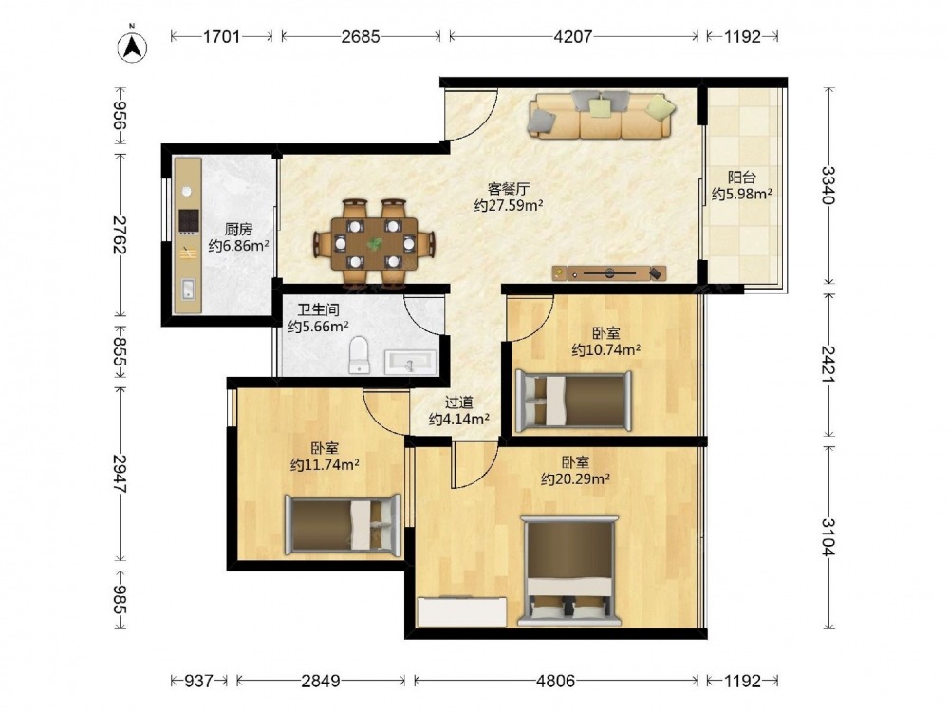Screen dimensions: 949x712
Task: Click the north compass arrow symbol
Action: [x=133, y=46]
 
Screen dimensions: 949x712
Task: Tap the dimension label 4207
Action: [x=572, y=37]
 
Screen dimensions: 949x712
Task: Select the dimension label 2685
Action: [x=361, y=37]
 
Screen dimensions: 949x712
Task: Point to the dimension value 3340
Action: [x=828, y=185]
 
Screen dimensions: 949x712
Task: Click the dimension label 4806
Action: [x=555, y=681]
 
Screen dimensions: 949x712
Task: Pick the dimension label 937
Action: [x=198, y=681]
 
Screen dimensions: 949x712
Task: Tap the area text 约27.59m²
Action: [x=509, y=205]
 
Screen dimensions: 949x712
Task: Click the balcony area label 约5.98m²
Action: [x=741, y=194]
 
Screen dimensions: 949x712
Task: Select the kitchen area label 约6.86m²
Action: [x=238, y=246]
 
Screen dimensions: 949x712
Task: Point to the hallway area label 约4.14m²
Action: [x=458, y=419]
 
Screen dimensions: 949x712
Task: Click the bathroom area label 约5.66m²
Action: [x=318, y=327]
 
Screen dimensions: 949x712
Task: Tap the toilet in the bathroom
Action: [x=359, y=355]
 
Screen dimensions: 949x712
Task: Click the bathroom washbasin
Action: [x=410, y=362]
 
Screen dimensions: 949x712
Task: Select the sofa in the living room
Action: [x=602, y=115]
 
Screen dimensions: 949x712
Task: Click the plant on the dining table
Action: [x=375, y=244]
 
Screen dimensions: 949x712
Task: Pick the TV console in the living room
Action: [x=609, y=273]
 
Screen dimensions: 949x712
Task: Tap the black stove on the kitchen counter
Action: [x=189, y=221]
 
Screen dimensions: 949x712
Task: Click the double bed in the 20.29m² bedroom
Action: [x=569, y=571]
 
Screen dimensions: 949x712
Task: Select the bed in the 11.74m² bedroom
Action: [x=343, y=526]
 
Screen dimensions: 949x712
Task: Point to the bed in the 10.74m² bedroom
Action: [x=573, y=401]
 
